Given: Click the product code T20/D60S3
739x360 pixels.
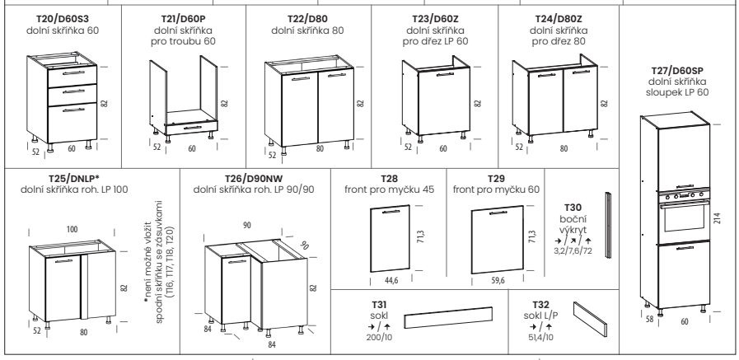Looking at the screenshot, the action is [63, 19].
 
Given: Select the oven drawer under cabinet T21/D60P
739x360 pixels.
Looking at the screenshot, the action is [191, 127].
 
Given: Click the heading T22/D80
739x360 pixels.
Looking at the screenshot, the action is [308, 19].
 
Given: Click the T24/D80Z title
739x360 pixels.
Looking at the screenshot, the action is [559, 19].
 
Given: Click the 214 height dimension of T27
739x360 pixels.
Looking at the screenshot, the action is [717, 217].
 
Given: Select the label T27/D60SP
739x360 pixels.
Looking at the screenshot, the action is [676, 71].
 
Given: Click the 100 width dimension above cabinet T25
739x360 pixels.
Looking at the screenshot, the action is [72, 230].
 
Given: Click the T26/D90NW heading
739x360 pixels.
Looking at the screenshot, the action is [253, 179].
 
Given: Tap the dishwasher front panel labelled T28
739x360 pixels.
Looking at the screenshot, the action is [390, 238].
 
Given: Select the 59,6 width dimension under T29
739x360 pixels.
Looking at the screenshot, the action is [498, 281].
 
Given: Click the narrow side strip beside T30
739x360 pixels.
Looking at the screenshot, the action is [607, 225].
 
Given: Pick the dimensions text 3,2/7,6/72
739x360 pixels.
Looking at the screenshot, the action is [573, 250].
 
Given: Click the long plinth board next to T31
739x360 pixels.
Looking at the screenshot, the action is [448, 318].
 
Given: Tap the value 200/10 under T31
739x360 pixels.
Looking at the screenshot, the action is [380, 337].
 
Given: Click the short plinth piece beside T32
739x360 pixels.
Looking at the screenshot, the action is [591, 319].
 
